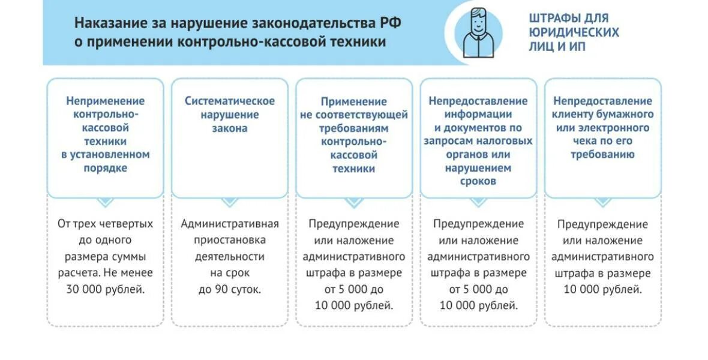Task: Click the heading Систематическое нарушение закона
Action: tap(230, 115)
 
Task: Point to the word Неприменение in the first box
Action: tap(106, 101)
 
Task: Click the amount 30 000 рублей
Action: tap(106, 289)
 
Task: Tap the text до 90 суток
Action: tap(230, 289)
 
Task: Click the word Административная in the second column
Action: tap(230, 224)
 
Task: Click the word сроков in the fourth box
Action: tap(478, 181)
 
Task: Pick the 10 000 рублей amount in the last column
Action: tap(602, 289)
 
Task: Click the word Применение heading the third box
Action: tap(354, 101)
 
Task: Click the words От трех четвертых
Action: tap(106, 224)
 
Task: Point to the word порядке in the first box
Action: tap(106, 168)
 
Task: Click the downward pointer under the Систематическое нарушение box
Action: tap(230, 202)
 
